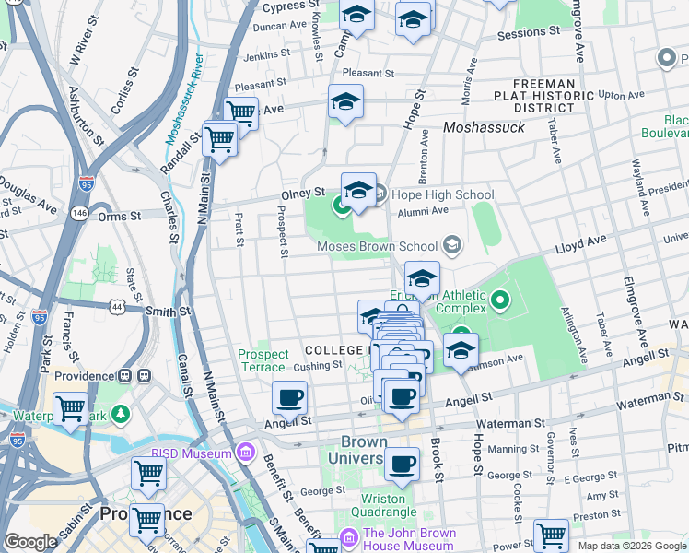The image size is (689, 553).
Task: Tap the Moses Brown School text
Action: [377, 246]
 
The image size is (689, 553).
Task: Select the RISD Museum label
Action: [195, 453]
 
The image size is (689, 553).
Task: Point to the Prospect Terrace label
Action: [263, 360]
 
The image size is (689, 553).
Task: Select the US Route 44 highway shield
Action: [115, 305]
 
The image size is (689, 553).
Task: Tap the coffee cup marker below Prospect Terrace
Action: [290, 398]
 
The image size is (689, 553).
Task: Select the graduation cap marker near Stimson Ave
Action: [461, 351]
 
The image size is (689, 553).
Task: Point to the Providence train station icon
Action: [144, 376]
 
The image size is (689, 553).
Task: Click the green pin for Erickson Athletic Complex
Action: [499, 300]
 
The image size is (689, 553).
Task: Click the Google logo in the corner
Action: [30, 543]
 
